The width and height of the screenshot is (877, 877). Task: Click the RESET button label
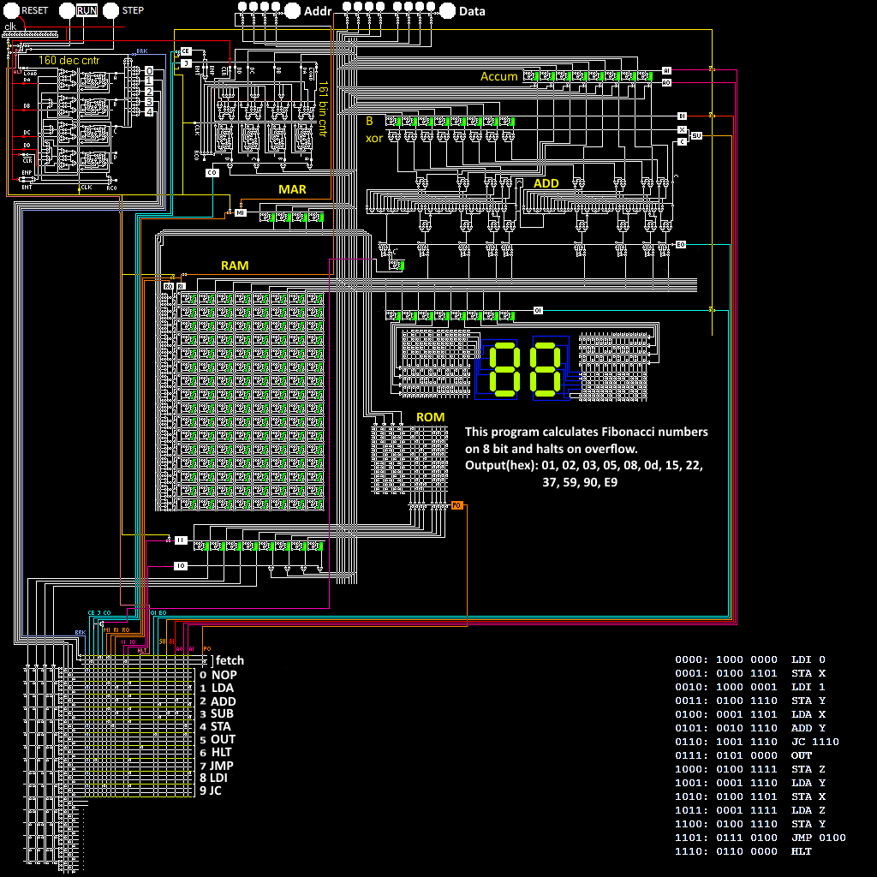pos(35,10)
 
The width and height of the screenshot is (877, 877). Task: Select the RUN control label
pos(87,10)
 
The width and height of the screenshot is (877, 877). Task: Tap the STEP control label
pos(133,10)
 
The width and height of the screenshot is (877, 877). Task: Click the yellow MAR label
pos(292,189)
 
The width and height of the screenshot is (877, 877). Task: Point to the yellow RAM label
pos(235,265)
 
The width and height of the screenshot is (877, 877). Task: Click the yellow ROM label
pos(430,417)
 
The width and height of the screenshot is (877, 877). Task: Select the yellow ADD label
pos(546,183)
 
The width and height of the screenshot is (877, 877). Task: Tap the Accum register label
pos(498,76)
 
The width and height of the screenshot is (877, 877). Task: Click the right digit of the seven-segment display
pos(548,368)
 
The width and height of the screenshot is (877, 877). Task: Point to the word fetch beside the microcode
pos(230,660)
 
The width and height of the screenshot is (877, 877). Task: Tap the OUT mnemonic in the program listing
pos(801,755)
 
